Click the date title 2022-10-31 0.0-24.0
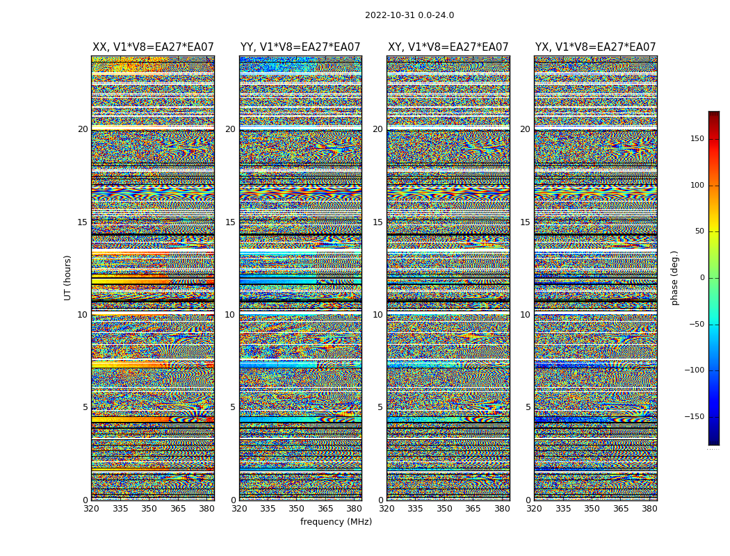(409, 15)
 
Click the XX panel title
(153, 47)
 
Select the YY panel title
(300, 47)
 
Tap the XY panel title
(448, 47)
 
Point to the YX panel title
(595, 47)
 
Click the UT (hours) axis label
(68, 277)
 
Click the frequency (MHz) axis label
(336, 522)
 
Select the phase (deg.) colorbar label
(674, 277)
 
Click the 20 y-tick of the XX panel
(83, 129)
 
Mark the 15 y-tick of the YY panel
(230, 222)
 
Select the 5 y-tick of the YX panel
(528, 407)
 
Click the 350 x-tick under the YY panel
(297, 509)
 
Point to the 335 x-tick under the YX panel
(563, 509)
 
